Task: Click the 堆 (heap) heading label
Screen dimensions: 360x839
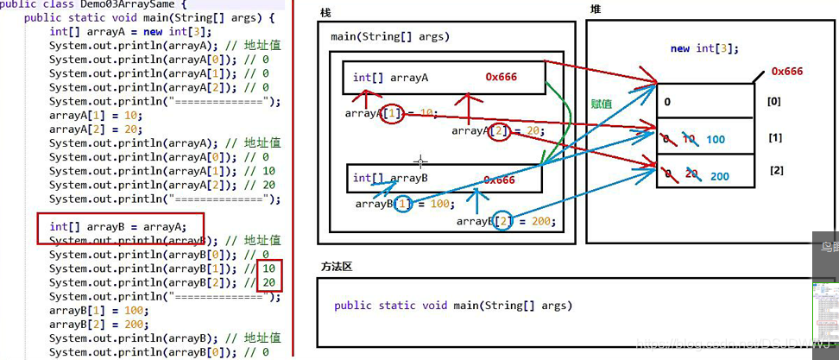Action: tap(596, 9)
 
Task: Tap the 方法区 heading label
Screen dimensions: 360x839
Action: tap(336, 266)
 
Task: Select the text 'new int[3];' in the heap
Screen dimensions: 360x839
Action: tap(703, 48)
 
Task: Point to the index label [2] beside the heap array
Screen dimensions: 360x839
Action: tap(776, 170)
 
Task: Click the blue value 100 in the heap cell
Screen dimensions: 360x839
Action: tap(716, 139)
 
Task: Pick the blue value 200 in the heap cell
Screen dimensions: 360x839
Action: tap(719, 176)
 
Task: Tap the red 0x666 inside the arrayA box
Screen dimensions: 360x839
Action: tap(501, 77)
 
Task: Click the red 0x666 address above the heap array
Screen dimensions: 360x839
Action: tap(786, 72)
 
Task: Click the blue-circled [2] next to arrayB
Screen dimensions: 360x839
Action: tap(500, 221)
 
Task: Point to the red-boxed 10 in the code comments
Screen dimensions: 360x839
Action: tap(269, 268)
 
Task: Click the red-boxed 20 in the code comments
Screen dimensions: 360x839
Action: tap(269, 282)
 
